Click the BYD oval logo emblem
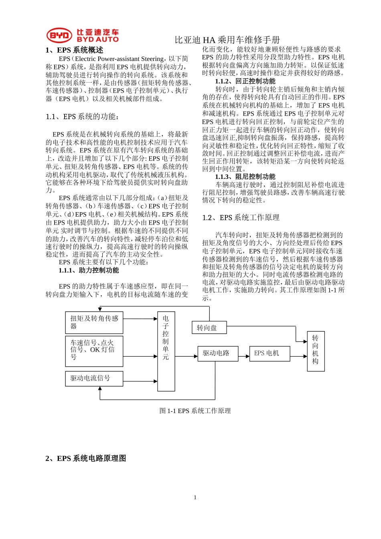59,35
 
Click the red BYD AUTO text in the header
97,39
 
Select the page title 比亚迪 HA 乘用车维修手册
227,40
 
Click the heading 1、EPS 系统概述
74,50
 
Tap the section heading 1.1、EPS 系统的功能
82,117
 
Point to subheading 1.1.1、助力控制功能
89,270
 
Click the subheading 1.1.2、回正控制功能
245,81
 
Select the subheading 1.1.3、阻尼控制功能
245,176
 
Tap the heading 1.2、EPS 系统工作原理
241,217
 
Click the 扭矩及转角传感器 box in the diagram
94,322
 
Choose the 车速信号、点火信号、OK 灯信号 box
94,351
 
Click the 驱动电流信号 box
94,378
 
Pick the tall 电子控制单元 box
166,351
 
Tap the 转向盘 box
209,328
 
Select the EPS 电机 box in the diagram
270,353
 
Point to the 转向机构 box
316,351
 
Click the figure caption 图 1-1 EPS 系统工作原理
195,411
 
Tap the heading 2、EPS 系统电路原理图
86,458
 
